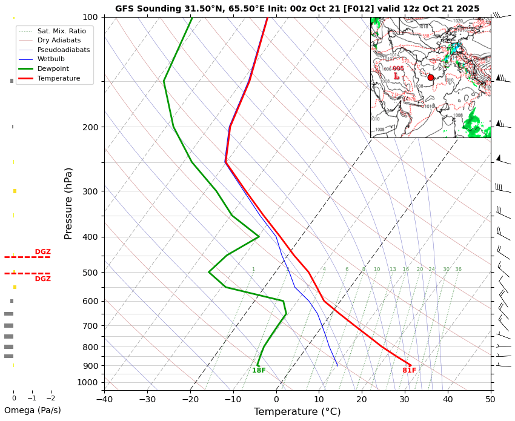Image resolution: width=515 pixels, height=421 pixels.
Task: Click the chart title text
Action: pyautogui.click(x=297, y=8)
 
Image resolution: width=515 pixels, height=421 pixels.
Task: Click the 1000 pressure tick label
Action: pyautogui.click(x=88, y=382)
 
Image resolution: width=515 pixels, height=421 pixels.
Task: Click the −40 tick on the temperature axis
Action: pyautogui.click(x=104, y=399)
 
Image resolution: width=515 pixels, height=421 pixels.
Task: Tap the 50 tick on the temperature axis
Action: pyautogui.click(x=491, y=399)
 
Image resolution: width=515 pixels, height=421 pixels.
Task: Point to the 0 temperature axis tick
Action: pyautogui.click(x=276, y=399)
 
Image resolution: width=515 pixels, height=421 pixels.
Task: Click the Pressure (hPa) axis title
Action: pyautogui.click(x=68, y=203)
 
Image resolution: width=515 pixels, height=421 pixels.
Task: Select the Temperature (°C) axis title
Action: pyautogui.click(x=297, y=412)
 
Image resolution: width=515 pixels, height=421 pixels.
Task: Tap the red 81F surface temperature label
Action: pyautogui.click(x=410, y=371)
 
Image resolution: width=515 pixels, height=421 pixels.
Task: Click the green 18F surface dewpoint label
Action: pyautogui.click(x=259, y=371)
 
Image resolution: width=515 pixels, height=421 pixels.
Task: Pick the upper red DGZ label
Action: pyautogui.click(x=42, y=252)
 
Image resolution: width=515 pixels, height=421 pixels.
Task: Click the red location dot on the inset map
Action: pyautogui.click(x=431, y=78)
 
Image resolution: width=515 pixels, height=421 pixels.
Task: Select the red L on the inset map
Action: pyautogui.click(x=396, y=76)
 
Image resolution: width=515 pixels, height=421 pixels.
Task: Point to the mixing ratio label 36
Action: pyautogui.click(x=458, y=270)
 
